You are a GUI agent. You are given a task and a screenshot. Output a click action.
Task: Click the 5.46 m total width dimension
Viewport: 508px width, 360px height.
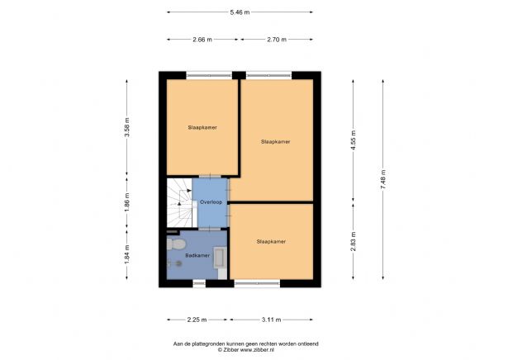239,12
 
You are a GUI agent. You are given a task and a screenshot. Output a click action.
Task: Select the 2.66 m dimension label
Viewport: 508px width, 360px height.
202,39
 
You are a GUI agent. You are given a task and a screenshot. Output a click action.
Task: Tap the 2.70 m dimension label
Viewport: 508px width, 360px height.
276,39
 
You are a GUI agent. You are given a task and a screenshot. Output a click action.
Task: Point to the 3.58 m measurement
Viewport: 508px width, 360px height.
126,128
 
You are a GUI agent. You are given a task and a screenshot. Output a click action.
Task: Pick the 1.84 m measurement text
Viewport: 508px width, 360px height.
126,252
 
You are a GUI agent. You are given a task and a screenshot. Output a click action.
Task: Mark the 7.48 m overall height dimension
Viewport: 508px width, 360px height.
382,181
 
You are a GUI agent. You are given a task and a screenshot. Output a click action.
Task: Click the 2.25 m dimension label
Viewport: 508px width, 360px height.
197,319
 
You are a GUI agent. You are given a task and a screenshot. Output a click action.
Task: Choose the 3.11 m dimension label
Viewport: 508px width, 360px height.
271,319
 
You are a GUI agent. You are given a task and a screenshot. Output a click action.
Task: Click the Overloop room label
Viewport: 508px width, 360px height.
211,201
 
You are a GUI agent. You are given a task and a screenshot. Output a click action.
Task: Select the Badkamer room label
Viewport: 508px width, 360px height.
197,256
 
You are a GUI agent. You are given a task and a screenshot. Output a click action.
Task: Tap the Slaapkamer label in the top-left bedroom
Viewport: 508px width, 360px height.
202,128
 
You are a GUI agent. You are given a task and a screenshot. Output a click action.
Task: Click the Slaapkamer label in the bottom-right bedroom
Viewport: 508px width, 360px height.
271,242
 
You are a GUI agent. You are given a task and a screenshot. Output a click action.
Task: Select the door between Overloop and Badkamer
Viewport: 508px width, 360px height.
211,228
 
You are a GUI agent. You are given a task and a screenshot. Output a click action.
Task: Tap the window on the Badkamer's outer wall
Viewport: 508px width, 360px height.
198,283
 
